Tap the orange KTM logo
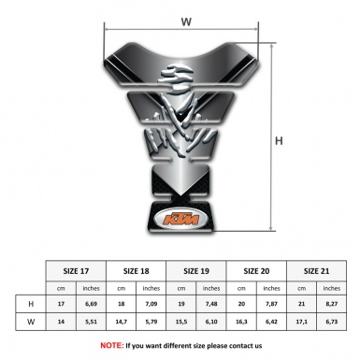[x=180, y=221]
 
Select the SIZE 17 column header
[x=77, y=271]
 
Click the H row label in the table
[x=33, y=305]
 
